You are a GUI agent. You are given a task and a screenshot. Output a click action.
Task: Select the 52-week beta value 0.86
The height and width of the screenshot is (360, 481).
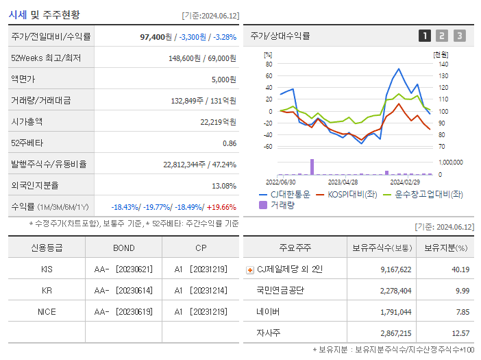(230, 143)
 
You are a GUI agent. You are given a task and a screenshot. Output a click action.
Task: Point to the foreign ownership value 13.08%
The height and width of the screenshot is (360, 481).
(224, 186)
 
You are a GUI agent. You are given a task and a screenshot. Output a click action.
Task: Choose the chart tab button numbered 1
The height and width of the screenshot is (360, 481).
(425, 36)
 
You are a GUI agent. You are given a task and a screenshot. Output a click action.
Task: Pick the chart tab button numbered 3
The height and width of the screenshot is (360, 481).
(459, 36)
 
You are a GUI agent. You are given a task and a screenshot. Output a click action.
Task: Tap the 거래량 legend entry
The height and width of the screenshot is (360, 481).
(282, 205)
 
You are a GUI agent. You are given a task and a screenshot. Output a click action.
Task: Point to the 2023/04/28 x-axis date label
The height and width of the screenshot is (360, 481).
(343, 182)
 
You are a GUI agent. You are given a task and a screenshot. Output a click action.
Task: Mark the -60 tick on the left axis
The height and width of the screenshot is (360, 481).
(267, 147)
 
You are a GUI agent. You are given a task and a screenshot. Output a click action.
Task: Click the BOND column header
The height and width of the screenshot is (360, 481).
(124, 248)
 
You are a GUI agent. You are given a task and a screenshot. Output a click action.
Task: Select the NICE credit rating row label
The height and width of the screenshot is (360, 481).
(47, 311)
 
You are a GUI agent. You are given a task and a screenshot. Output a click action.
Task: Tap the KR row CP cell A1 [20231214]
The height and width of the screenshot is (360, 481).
(201, 290)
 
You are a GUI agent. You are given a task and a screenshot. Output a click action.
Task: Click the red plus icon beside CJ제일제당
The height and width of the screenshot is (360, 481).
(249, 269)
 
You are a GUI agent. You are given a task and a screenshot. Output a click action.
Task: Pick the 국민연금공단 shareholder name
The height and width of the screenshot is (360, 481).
(280, 291)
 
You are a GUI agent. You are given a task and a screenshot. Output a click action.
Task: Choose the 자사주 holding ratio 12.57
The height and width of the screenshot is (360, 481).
(460, 333)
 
